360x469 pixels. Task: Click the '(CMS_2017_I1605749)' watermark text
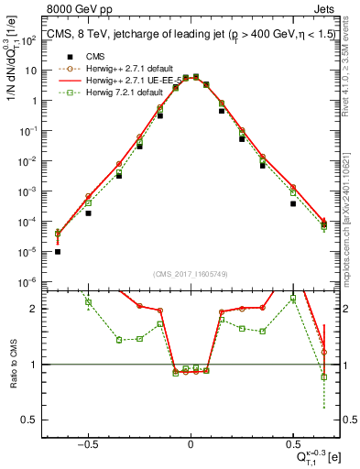(x=190, y=274)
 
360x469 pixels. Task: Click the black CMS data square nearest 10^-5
(x=58, y=251)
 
